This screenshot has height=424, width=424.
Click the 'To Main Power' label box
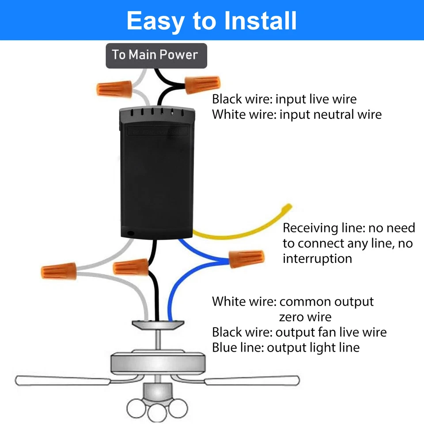click(x=156, y=55)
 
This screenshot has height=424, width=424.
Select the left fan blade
click(x=62, y=379)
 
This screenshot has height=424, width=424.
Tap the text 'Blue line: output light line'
click(x=285, y=348)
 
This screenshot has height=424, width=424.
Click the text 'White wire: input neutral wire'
click(x=296, y=115)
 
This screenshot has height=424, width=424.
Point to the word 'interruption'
click(x=317, y=258)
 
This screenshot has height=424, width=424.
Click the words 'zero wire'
click(x=305, y=317)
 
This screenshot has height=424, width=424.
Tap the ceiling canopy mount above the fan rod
click(x=157, y=325)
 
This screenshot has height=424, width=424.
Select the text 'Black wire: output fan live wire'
click(x=299, y=332)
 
